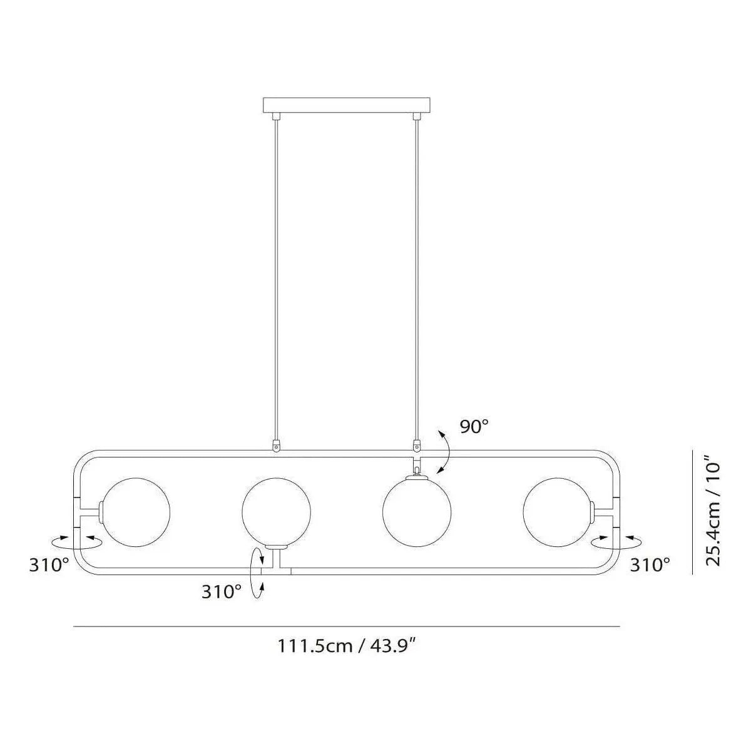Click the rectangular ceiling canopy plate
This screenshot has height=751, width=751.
347,105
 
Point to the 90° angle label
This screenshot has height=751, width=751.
474,427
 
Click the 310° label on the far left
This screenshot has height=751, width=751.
49,565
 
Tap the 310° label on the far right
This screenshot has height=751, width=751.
650,565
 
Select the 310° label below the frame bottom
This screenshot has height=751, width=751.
222,591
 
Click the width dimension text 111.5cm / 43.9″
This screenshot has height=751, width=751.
347,645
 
